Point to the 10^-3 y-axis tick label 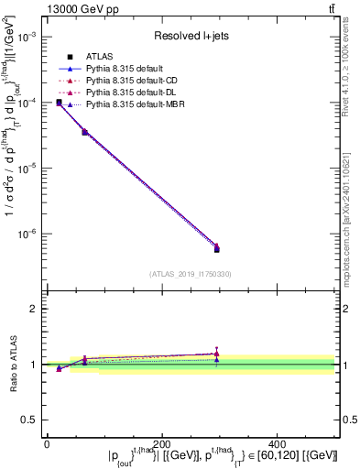click(27, 37)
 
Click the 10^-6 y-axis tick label click(27, 234)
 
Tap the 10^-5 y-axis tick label click(27, 168)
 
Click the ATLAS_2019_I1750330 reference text click(190, 274)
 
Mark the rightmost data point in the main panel click(216, 247)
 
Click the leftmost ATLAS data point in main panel click(59, 103)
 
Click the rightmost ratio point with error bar click(216, 354)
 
